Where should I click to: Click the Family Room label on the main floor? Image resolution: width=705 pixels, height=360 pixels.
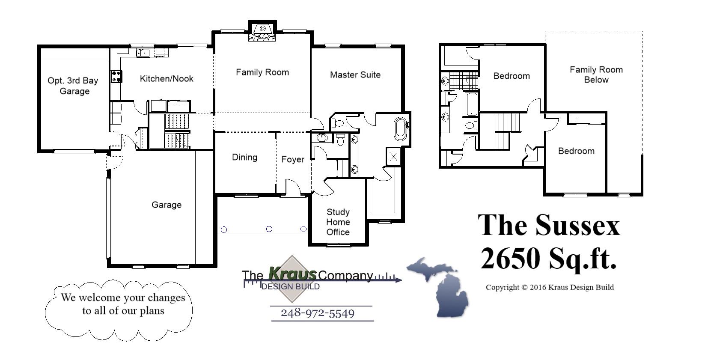click(262, 72)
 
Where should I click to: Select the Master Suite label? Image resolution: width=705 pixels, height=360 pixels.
click(355, 75)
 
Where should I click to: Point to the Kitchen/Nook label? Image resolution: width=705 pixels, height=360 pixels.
click(167, 79)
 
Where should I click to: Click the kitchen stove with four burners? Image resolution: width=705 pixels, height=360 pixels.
click(116, 77)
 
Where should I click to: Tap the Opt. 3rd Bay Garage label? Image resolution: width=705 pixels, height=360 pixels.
click(73, 86)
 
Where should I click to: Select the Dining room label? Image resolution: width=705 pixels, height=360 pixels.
click(244, 158)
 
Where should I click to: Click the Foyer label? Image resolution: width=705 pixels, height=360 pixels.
click(293, 160)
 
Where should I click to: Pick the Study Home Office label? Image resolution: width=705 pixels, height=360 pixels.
click(338, 222)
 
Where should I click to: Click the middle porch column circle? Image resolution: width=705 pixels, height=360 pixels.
click(269, 229)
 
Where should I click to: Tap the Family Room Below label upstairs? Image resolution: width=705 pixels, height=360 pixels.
click(596, 74)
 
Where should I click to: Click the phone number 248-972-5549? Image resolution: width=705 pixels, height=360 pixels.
click(317, 313)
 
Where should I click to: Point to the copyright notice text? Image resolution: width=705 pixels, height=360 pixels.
click(549, 287)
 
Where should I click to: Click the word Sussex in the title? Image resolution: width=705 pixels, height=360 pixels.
click(577, 225)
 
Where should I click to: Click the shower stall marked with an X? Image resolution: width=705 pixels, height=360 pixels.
click(393, 157)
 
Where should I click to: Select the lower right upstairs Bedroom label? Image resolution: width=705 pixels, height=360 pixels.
click(576, 151)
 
